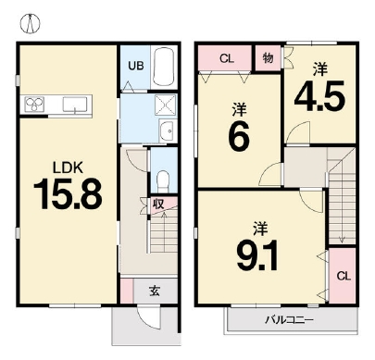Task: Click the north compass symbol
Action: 31,23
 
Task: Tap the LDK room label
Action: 68,168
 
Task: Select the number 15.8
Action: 68,193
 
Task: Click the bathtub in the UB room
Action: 164,67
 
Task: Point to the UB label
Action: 136,66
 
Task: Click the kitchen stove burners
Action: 34,105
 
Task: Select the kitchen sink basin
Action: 75,105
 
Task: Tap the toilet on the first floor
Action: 163,180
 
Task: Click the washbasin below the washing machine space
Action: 168,130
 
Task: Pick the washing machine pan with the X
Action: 165,105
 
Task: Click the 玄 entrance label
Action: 155,291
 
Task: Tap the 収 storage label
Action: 158,204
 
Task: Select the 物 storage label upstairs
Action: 268,57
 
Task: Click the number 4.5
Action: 319,96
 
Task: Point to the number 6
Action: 239,135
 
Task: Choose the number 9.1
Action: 257,255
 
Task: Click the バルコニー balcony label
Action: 290,319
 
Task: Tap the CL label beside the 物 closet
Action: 227,58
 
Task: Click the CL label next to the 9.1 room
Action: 344,276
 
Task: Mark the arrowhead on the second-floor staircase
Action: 342,240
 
